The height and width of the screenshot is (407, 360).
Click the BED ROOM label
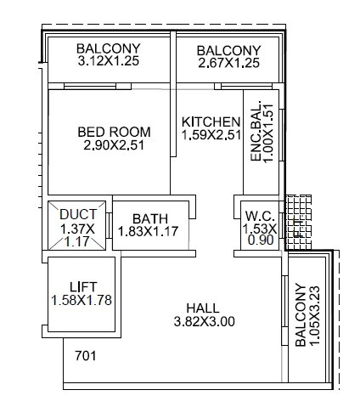114,132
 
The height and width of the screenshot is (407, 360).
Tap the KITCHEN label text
211,122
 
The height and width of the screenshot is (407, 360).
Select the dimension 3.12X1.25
108,62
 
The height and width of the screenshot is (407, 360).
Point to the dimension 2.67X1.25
228,62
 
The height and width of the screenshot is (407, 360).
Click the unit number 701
85,355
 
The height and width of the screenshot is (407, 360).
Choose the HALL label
204,308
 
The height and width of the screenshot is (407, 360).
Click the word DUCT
78,215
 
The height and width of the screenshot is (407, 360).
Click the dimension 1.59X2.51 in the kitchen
211,136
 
